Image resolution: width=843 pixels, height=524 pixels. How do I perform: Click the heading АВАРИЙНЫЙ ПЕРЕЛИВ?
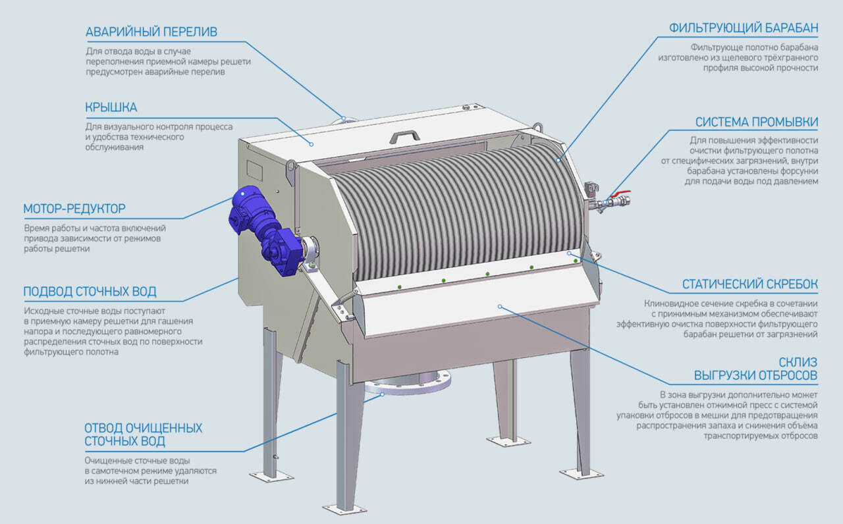(x=151, y=32)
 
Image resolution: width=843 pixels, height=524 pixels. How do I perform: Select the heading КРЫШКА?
(x=111, y=107)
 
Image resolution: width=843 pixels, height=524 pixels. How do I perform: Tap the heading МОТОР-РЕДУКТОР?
(x=74, y=209)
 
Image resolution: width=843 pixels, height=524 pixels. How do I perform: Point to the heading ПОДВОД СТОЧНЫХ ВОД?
(x=90, y=292)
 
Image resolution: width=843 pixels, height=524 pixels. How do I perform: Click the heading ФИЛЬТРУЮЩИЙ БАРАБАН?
(x=744, y=28)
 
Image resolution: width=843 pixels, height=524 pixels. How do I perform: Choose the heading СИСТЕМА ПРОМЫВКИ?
(x=757, y=122)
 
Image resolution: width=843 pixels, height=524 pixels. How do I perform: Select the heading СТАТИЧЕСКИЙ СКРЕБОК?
(x=750, y=284)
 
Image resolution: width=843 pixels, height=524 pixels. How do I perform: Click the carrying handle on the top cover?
(x=404, y=135)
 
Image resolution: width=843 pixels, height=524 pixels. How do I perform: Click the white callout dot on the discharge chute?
(x=501, y=306)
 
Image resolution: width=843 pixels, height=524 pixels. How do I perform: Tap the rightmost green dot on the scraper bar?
(x=576, y=261)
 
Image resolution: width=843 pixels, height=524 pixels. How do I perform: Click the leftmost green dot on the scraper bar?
(x=399, y=287)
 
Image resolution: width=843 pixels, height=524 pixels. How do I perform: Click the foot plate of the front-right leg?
(x=581, y=473)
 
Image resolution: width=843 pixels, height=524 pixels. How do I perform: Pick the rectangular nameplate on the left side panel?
(x=255, y=170)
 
